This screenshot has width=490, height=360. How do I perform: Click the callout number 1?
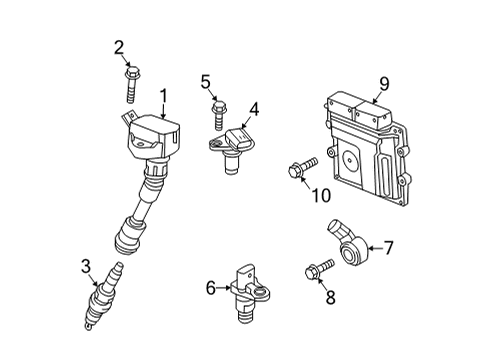click(x=163, y=97)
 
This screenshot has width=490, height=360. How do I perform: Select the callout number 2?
click(x=119, y=48)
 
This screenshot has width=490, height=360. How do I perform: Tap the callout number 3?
click(x=86, y=266)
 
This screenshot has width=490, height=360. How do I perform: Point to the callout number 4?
click(x=254, y=109)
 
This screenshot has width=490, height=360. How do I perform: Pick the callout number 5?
click(x=206, y=82)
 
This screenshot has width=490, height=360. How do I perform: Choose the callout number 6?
click(x=211, y=288)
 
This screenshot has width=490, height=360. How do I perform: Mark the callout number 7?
click(x=389, y=248)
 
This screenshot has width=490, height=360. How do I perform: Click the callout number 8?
click(x=330, y=297)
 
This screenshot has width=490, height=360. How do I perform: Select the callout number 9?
click(x=384, y=83)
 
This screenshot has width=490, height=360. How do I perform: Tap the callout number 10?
click(x=321, y=195)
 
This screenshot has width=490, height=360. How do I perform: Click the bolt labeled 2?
click(x=132, y=84)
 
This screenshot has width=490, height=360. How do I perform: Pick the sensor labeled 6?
click(x=249, y=293)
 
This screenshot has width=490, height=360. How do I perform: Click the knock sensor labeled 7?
click(x=347, y=244)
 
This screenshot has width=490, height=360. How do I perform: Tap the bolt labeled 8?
click(x=319, y=269)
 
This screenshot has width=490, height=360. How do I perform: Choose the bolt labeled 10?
click(x=302, y=167)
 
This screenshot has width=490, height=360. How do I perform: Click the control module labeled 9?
click(x=368, y=149)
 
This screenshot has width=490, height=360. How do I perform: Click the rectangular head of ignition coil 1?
click(x=153, y=136)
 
